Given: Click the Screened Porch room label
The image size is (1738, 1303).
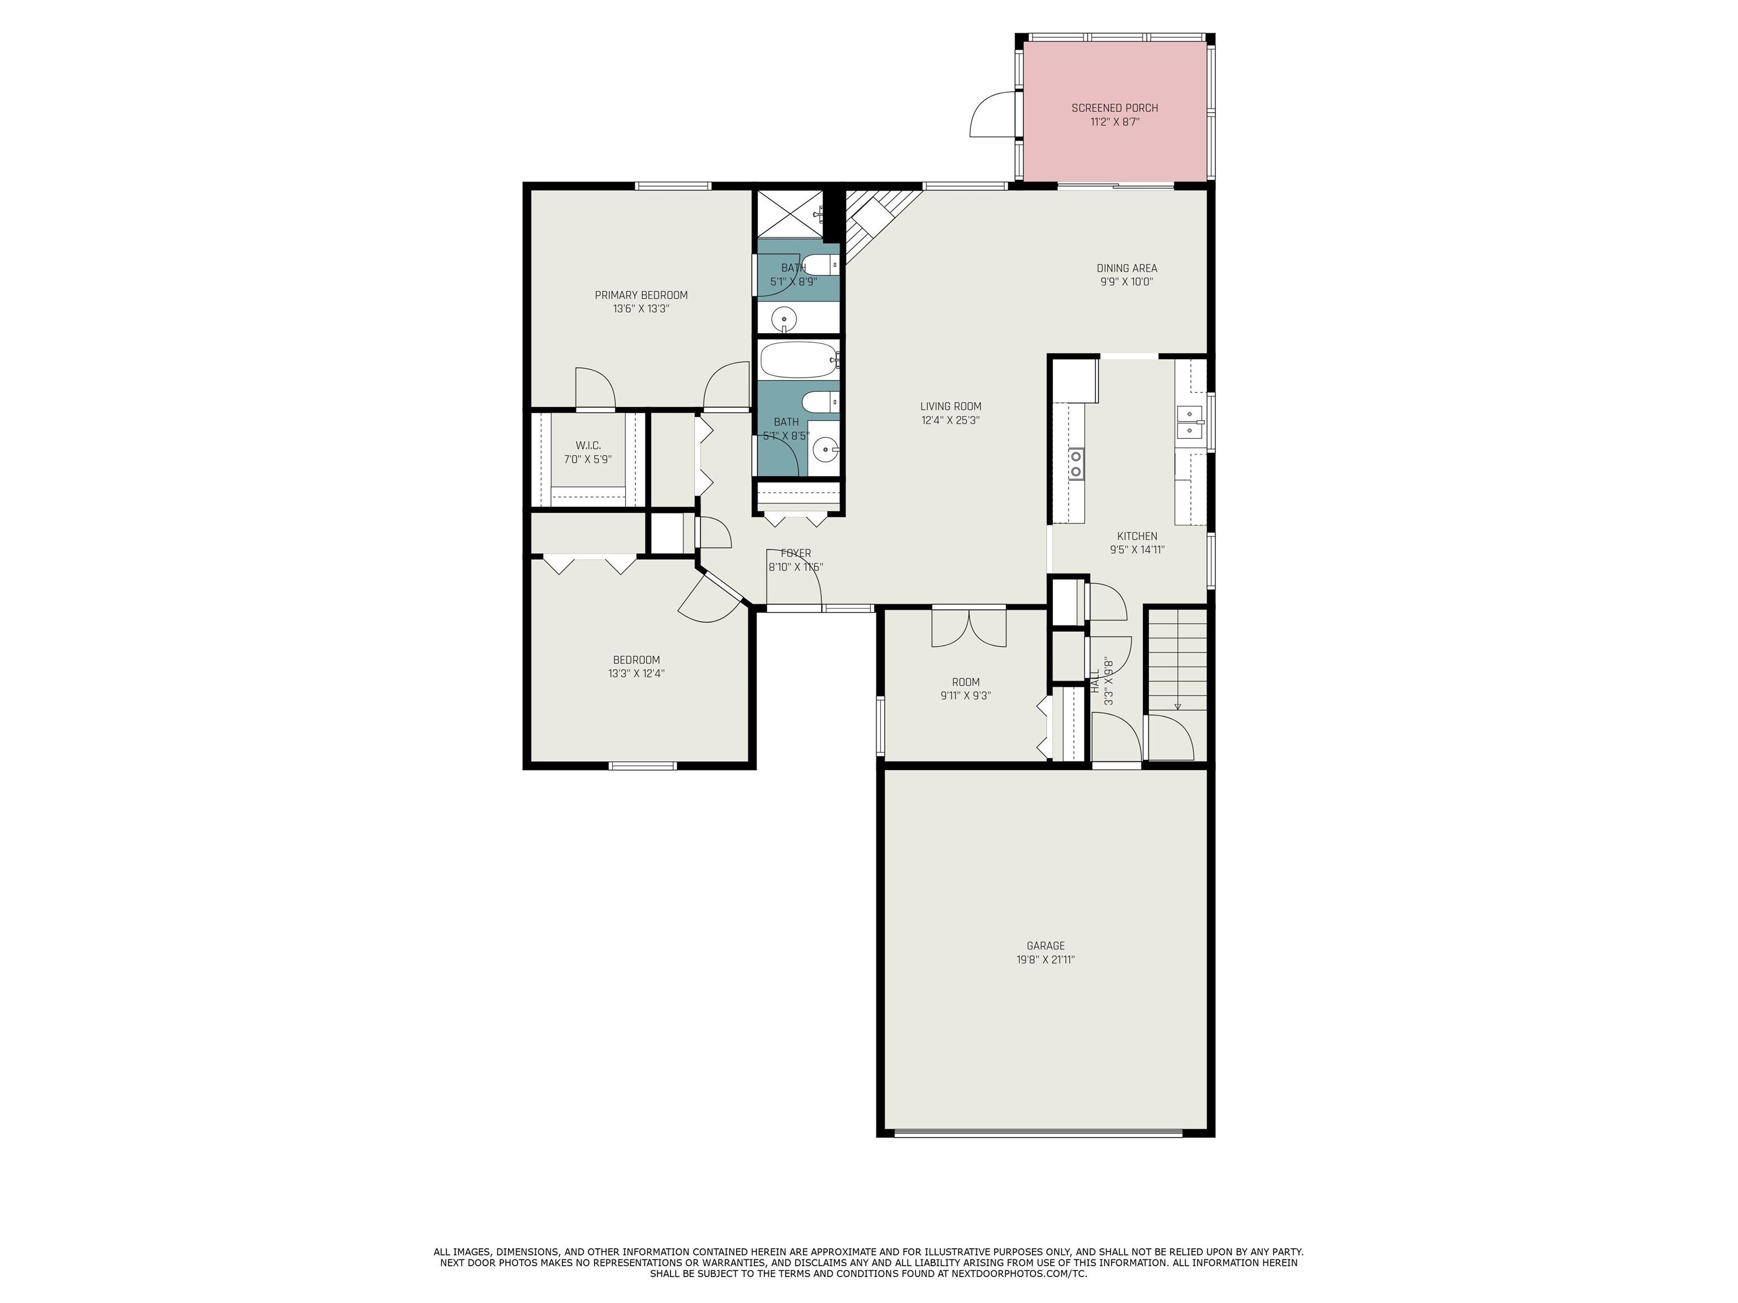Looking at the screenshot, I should (1114, 107).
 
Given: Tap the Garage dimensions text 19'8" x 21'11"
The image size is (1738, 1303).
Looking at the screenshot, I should (1045, 959).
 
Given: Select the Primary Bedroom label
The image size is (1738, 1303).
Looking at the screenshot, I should (640, 295).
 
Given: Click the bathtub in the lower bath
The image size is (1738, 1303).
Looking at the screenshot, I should (798, 360).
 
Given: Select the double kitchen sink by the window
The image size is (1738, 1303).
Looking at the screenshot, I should (1190, 422).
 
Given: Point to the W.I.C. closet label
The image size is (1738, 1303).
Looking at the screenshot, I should (588, 445).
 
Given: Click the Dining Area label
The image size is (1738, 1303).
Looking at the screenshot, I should (1127, 268).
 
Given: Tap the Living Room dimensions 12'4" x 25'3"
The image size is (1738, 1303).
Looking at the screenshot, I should (950, 420).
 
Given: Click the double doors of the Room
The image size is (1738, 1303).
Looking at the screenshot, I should (969, 628).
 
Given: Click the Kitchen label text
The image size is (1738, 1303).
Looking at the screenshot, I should (1137, 537).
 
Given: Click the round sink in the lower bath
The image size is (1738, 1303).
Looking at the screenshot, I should (824, 451).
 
